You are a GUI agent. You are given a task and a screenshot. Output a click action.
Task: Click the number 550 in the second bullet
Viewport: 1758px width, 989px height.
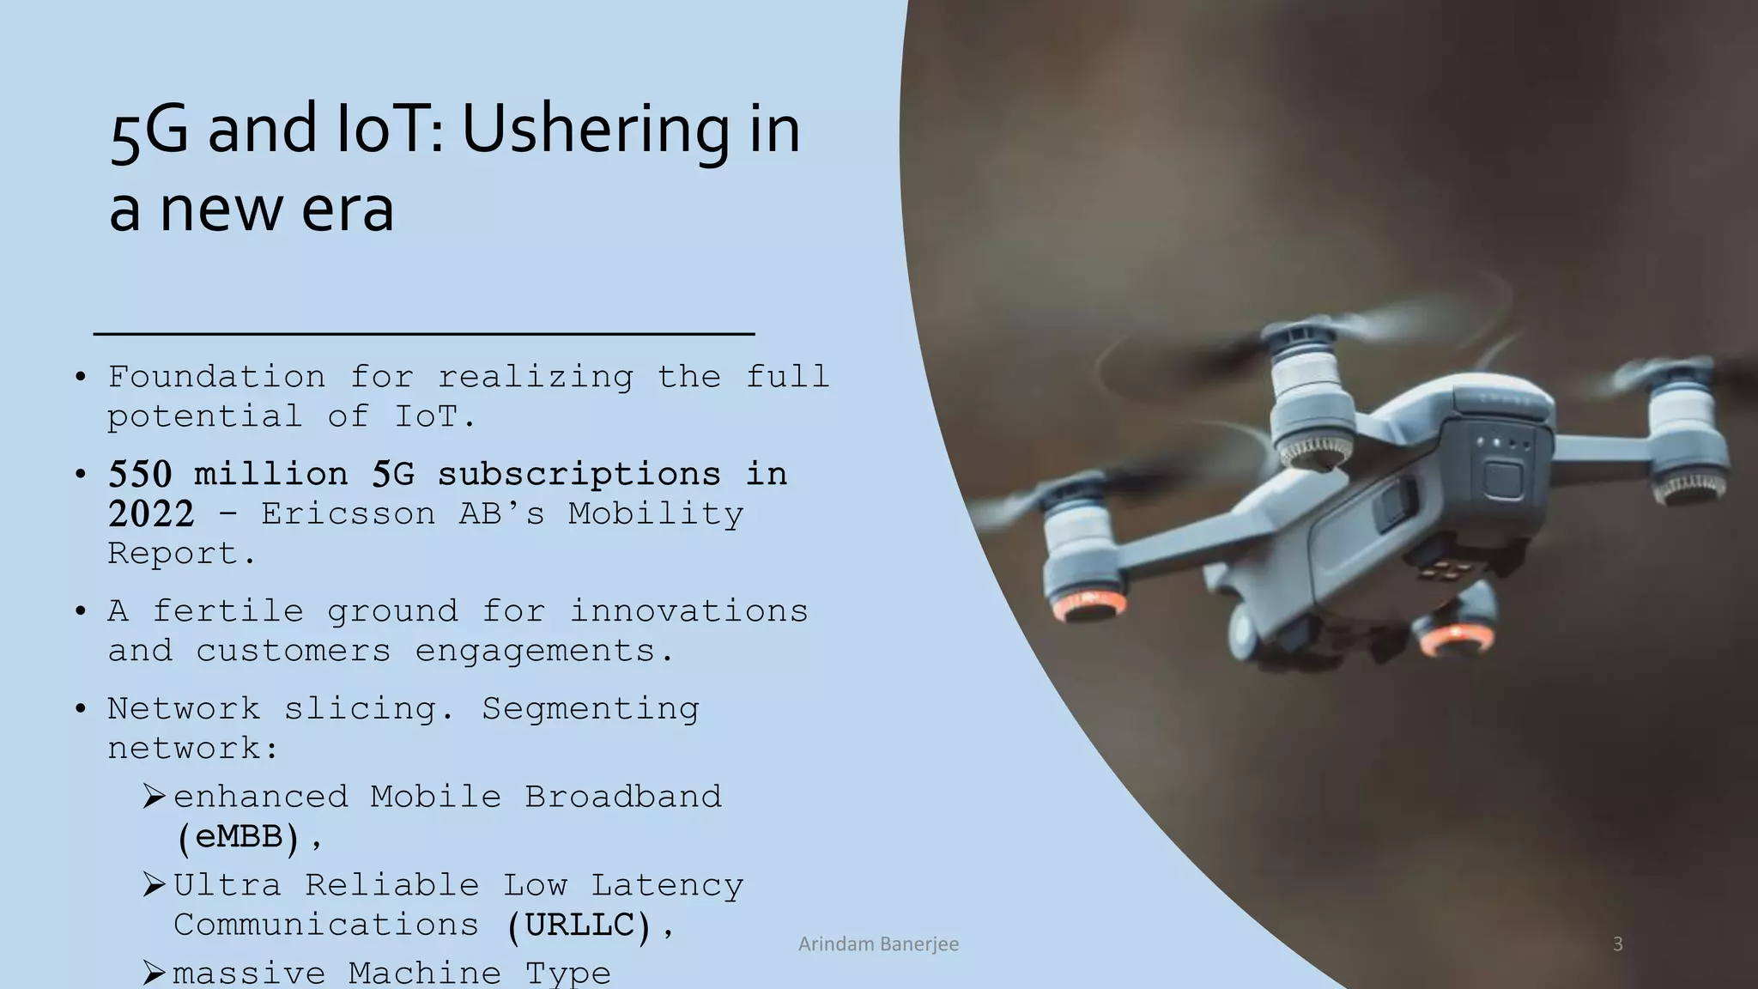pos(140,474)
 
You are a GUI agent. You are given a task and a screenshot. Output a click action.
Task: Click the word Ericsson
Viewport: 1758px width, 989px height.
pos(348,513)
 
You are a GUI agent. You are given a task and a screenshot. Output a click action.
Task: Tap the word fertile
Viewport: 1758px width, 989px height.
pos(227,611)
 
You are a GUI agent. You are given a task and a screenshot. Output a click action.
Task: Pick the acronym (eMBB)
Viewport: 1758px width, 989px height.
pos(239,836)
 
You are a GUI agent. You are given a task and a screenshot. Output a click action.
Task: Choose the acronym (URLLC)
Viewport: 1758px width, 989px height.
pos(580,925)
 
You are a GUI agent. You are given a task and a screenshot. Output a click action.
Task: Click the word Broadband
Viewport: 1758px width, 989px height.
pos(623,797)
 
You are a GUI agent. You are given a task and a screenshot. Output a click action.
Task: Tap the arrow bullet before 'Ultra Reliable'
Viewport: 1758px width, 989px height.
pos(154,884)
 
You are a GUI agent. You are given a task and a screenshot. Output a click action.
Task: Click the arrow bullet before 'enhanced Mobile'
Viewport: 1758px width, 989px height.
pos(154,797)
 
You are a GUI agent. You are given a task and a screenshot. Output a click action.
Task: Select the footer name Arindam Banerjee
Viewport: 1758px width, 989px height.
pos(878,944)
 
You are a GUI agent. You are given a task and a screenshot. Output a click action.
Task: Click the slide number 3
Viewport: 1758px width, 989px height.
pos(1617,944)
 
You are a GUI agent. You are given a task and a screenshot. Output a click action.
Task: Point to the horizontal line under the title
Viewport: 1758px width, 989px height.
pos(424,333)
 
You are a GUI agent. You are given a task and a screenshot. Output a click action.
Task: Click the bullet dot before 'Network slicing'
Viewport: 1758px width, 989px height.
pos(81,709)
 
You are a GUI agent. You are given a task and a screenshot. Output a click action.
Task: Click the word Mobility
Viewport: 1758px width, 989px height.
pos(656,513)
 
